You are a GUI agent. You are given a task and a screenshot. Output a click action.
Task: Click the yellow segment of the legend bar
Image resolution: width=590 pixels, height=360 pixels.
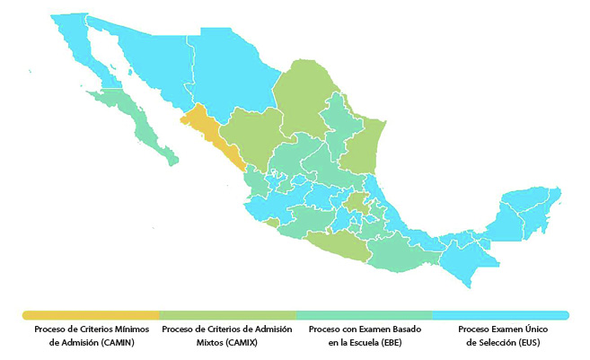[91, 315]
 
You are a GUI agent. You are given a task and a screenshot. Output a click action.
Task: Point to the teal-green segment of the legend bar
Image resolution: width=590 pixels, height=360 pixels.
[364, 315]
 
